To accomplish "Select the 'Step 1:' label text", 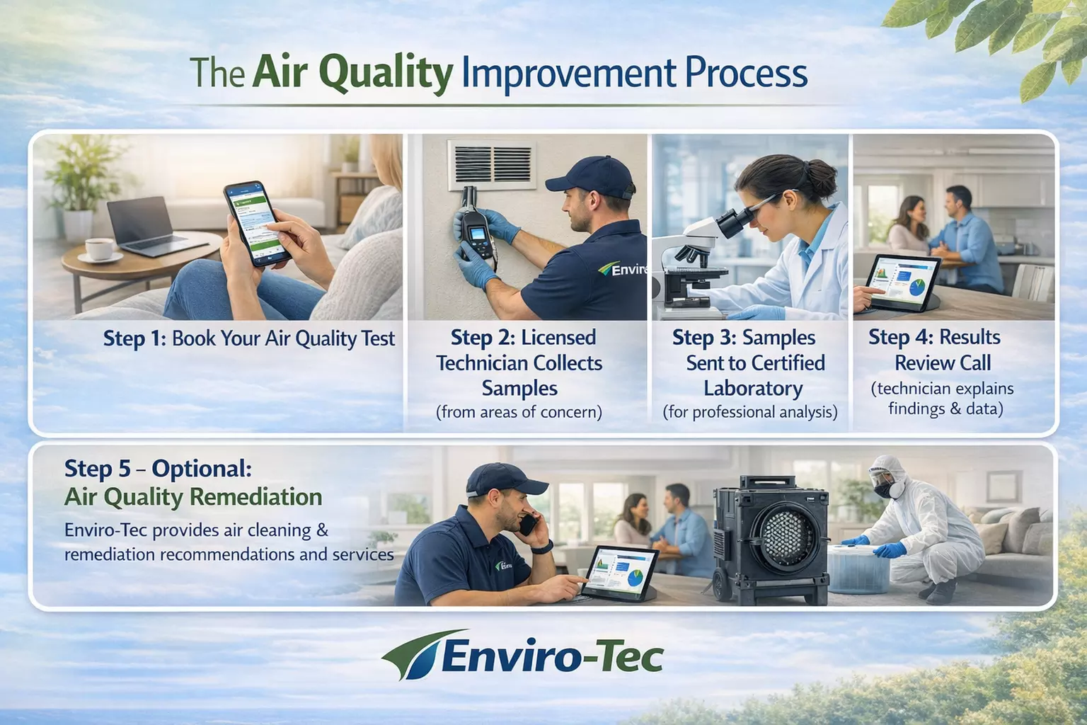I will (x=134, y=338).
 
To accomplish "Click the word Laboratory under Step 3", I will (x=753, y=389).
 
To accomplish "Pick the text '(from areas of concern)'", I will (x=519, y=412).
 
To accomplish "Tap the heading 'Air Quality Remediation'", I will (x=192, y=497).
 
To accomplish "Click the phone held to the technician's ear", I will (x=527, y=524).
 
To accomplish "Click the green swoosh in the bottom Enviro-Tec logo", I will (x=414, y=652).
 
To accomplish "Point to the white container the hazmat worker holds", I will (x=858, y=567).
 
